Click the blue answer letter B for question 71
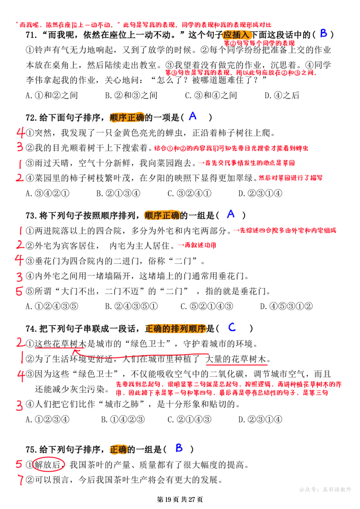[x=323, y=33]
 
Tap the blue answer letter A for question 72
[x=193, y=116]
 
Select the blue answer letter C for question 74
[x=232, y=327]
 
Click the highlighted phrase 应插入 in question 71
[x=237, y=35]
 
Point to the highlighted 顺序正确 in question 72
[x=127, y=117]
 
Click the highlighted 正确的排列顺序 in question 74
[x=175, y=329]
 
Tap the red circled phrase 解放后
[x=48, y=465]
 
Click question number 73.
[x=31, y=216]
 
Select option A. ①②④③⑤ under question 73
[x=52, y=306]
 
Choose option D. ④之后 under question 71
[x=282, y=95]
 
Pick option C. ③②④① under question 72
[x=189, y=194]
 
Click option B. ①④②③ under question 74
[x=123, y=419]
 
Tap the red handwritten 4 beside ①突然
[x=21, y=133]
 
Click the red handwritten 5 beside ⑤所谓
[x=19, y=291]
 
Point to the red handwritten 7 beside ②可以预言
[x=21, y=480]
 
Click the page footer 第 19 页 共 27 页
[x=180, y=500]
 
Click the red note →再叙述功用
[x=197, y=245]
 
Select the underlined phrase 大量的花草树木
[x=236, y=359]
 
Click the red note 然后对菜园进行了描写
[x=291, y=178]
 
